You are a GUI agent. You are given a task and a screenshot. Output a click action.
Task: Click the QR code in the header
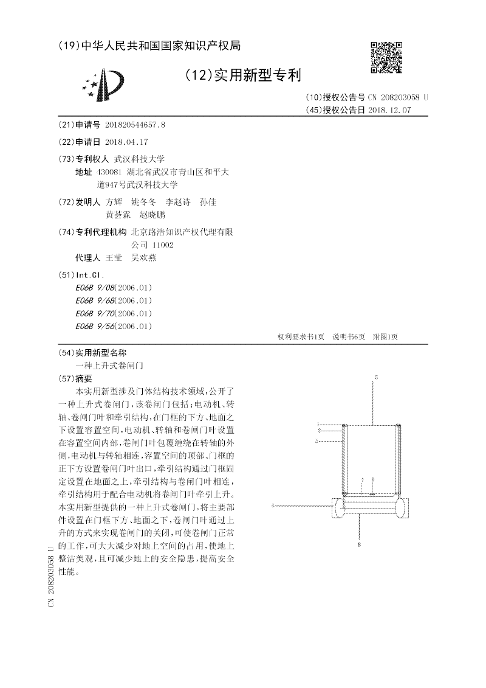(x=386, y=58)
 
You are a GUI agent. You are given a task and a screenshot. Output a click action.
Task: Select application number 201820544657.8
(x=135, y=125)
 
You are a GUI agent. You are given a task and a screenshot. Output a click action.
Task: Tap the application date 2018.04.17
(x=126, y=141)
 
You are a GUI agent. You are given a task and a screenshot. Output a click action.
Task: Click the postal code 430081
(x=109, y=172)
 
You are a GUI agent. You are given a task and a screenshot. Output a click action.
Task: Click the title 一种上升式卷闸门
(x=109, y=366)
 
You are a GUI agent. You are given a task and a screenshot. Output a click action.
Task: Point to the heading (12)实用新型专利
(x=242, y=75)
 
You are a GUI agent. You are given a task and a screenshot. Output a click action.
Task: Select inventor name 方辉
(x=114, y=201)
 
